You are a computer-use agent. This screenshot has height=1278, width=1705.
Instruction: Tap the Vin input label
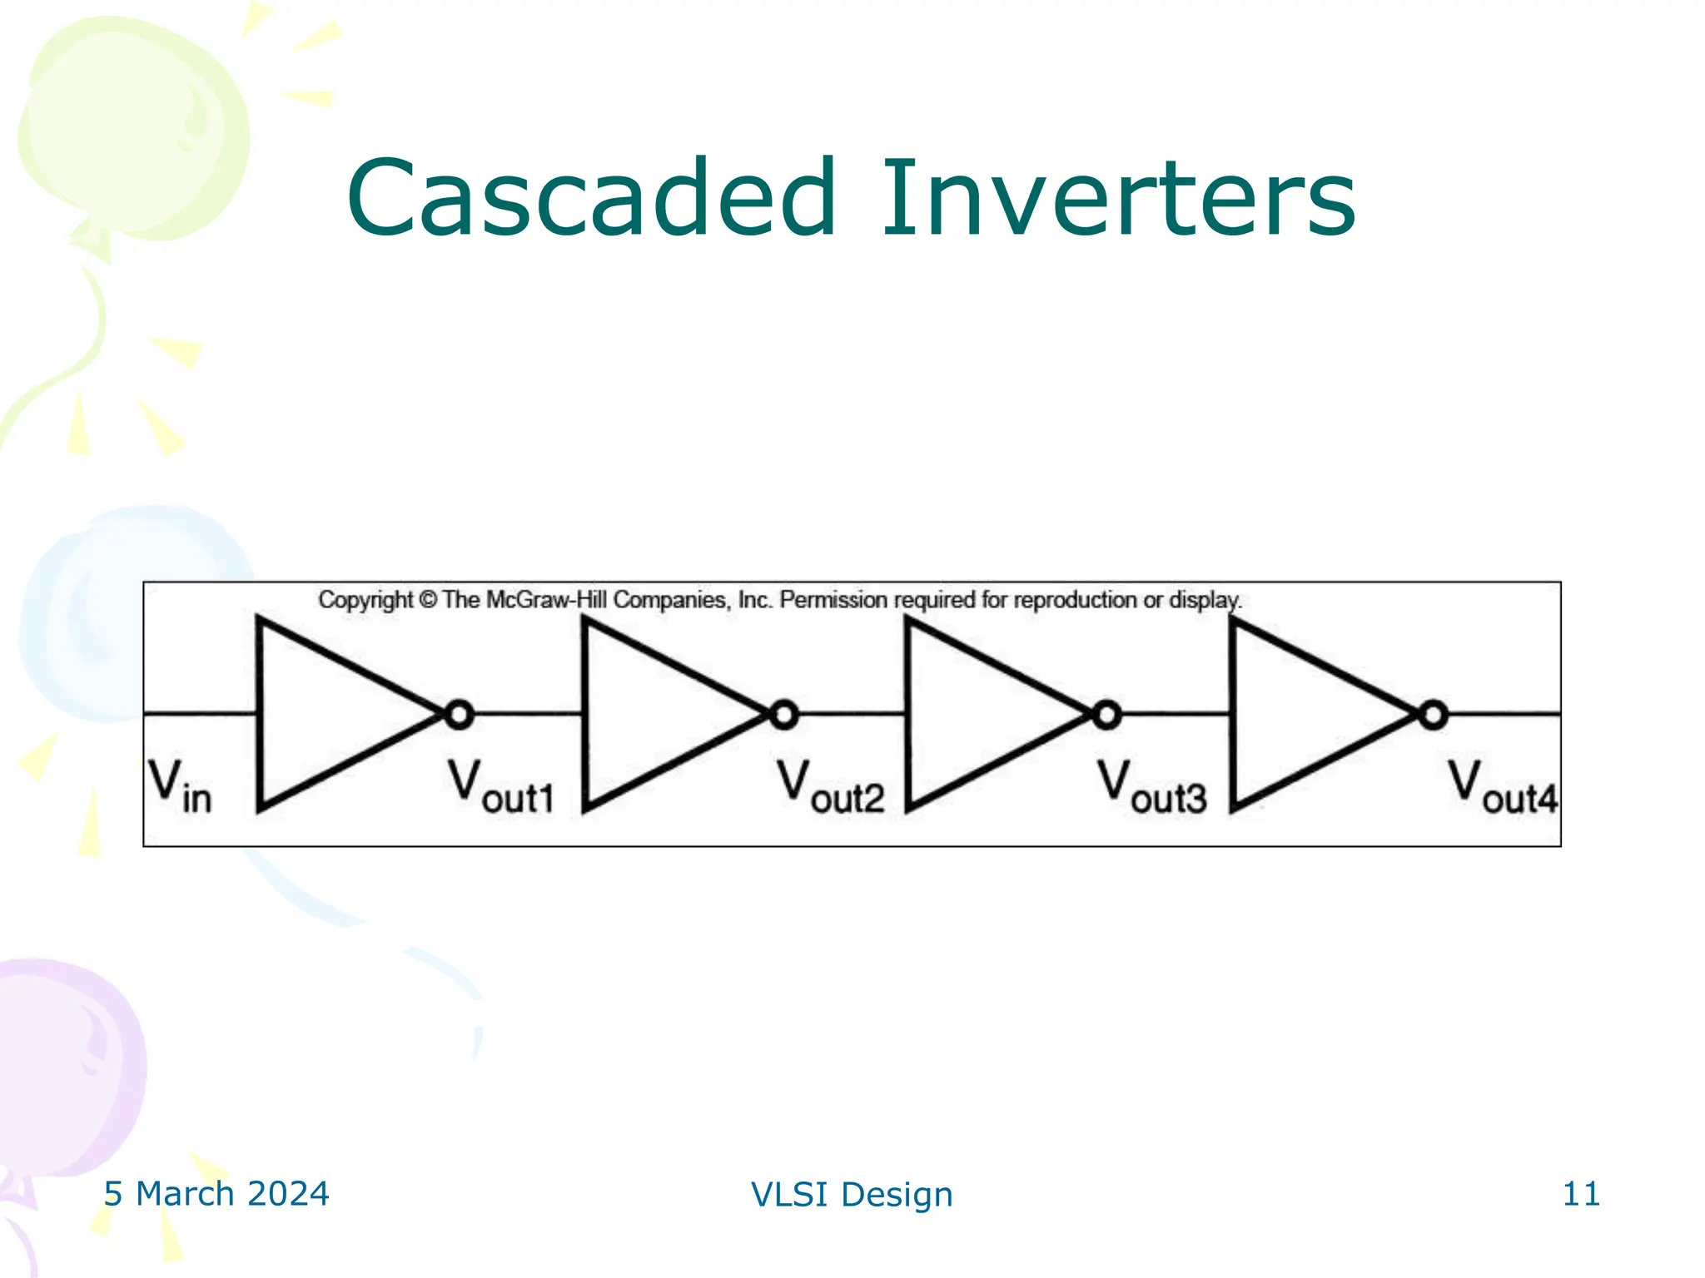coord(180,786)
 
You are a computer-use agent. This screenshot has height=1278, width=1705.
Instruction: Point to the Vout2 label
coord(830,786)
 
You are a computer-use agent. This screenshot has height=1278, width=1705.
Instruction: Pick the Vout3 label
coord(1151,786)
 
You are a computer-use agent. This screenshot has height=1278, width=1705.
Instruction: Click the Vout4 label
coord(1502,786)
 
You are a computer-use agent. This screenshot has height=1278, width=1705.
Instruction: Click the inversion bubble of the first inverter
coord(459,715)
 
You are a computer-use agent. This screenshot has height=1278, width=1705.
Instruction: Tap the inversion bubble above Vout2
coord(783,715)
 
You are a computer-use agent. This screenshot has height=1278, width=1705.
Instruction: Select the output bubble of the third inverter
coord(1106,715)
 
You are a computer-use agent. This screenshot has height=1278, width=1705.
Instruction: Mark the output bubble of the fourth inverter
coord(1433,715)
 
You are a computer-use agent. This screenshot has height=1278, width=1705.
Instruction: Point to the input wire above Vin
coord(200,713)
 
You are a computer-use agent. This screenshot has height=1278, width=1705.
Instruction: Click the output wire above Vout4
coord(1504,713)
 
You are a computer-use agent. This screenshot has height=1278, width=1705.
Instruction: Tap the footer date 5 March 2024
coord(216,1194)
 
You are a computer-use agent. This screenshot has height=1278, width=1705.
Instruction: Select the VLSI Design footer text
coord(852,1195)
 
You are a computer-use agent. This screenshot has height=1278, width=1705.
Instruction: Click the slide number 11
coord(1581,1194)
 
